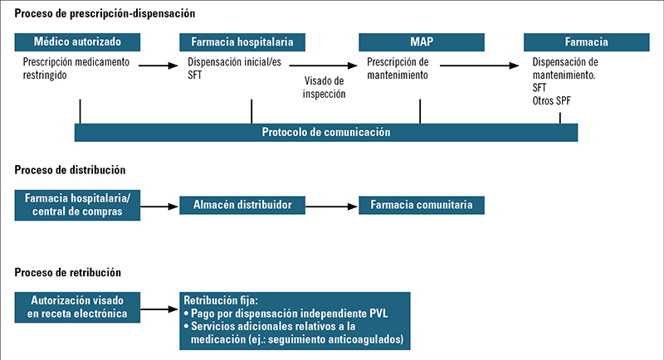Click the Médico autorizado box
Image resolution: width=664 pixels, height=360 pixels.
[x=77, y=42]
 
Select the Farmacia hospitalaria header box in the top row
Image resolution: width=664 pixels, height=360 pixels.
[x=242, y=42]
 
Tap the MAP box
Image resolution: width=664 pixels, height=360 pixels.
[x=422, y=42]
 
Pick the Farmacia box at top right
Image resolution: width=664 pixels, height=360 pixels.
[x=587, y=42]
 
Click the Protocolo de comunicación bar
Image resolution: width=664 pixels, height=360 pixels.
[x=326, y=133]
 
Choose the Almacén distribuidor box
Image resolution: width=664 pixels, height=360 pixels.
[x=242, y=205]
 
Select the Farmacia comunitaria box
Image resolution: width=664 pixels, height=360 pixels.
[x=422, y=205]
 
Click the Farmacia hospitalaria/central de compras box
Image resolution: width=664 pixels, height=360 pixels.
[x=77, y=205]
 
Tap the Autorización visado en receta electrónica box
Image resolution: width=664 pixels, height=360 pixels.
[x=77, y=307]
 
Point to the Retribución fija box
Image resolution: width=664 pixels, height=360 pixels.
[x=295, y=321]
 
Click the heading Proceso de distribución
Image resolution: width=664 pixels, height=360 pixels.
[x=70, y=170]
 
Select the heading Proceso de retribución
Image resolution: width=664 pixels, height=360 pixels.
[x=68, y=272]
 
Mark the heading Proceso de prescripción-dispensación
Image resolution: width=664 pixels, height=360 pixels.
[x=105, y=13]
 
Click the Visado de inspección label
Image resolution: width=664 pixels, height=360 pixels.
[x=324, y=87]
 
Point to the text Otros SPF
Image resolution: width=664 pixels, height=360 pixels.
[x=551, y=101]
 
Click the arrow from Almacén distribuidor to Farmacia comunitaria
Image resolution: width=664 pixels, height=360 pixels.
[x=331, y=207]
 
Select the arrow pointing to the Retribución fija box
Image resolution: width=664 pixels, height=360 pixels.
[x=159, y=309]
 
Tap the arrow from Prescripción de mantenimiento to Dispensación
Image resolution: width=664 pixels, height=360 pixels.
[x=480, y=66]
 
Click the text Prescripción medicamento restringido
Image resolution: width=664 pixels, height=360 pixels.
[x=76, y=69]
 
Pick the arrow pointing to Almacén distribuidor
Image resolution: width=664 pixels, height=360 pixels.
[x=159, y=207]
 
